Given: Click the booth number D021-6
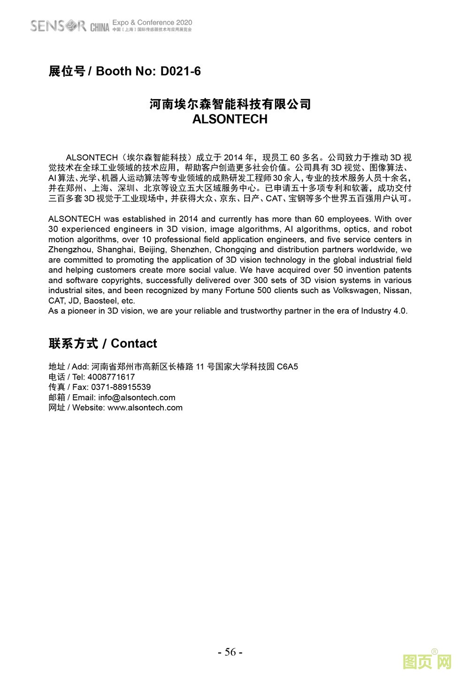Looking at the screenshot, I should coord(180,71).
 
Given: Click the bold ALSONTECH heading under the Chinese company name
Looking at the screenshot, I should coord(230,119).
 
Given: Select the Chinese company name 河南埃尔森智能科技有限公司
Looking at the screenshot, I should coord(230,104).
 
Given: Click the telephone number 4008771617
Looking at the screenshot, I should coord(111,377).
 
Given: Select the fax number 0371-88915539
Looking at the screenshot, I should coord(121,388).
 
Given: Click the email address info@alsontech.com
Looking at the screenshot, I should coord(137,398).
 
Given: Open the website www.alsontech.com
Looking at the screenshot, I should coord(145,408).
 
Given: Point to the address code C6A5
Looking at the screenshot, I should coord(287,367).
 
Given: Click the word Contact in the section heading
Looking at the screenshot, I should coord(134,344).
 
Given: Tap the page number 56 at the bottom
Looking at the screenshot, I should coord(230,652).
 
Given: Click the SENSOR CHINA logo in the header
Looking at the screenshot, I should coord(69,25).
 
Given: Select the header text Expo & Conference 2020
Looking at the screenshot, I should coord(152,23).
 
